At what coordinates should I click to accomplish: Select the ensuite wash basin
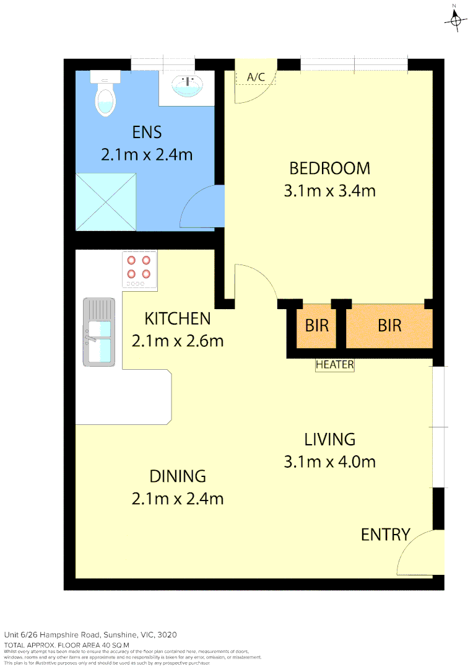click(x=186, y=86)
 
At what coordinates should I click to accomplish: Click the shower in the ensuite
click(x=105, y=201)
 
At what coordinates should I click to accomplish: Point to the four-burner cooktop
click(x=139, y=269)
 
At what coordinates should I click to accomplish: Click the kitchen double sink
click(x=99, y=331)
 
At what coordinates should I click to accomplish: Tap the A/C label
click(x=256, y=77)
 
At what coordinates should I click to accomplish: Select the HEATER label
click(x=334, y=365)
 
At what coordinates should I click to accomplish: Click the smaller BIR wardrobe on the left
click(x=316, y=325)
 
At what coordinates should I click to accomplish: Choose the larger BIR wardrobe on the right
click(x=389, y=325)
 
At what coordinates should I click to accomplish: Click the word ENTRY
click(x=386, y=535)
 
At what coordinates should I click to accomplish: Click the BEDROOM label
click(x=329, y=168)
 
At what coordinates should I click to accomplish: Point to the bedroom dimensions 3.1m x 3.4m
click(x=329, y=191)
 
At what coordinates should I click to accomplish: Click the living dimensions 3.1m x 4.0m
click(x=329, y=461)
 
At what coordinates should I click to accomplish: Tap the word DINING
click(x=178, y=476)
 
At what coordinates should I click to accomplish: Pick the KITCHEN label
click(x=177, y=318)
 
